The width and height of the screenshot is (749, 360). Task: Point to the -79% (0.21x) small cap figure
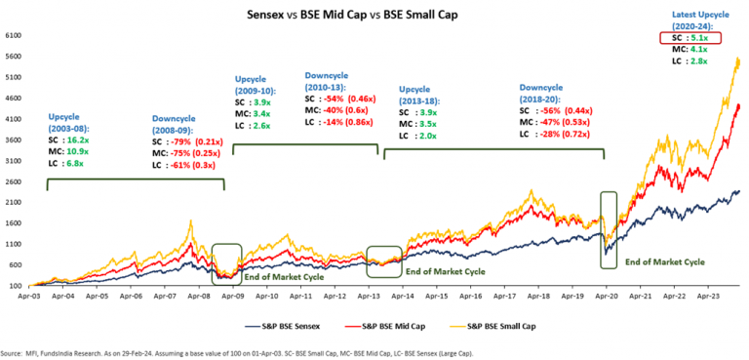click(200, 141)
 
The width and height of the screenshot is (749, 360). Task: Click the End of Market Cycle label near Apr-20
click(664, 261)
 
